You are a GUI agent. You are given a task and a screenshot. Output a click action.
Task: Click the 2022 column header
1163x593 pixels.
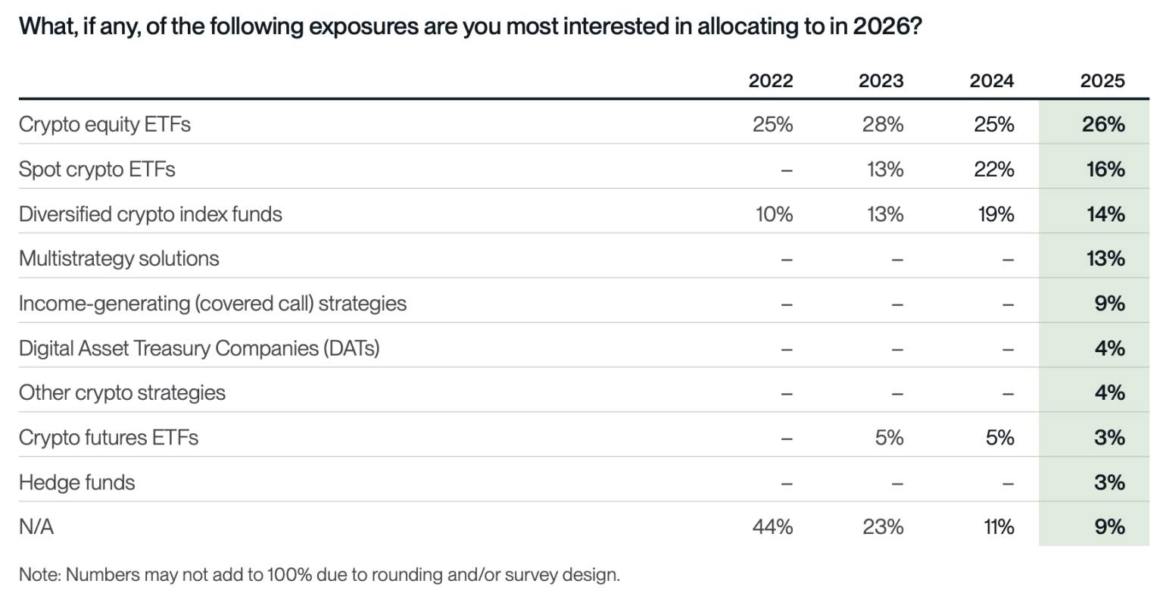771,80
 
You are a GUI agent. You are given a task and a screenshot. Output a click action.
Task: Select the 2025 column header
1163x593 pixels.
1102,80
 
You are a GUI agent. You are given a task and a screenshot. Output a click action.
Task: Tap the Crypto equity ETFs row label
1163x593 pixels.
104,123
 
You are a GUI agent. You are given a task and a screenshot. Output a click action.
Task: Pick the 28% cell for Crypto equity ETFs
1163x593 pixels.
882,123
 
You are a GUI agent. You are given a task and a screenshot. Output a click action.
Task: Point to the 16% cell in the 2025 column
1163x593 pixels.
1105,169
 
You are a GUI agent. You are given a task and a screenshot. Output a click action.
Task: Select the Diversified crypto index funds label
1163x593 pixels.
151,214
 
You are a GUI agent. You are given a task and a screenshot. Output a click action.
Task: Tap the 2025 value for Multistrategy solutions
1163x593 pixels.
1105,258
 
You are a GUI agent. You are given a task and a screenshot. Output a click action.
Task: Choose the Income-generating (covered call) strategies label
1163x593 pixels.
213,303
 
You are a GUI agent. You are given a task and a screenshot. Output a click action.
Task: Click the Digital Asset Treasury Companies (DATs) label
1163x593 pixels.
199,348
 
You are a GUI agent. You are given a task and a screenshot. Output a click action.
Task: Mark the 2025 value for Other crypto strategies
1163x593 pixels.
1109,392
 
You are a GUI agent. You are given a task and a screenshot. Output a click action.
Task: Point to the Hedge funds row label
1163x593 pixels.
76,482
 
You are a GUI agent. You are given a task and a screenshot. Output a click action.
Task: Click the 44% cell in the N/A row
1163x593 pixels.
772,526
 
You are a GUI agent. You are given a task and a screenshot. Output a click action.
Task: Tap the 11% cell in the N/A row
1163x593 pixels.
999,526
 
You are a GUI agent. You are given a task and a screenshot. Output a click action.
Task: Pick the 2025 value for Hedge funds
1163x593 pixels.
1109,482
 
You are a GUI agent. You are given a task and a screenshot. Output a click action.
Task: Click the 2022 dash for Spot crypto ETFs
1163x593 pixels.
786,169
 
